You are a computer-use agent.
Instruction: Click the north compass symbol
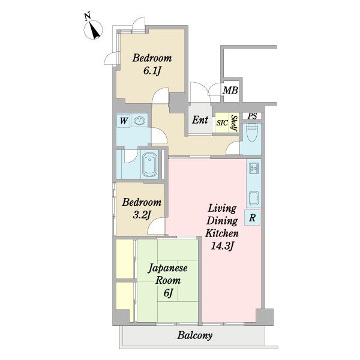pos(93,29)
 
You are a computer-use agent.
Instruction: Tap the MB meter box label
pos(230,90)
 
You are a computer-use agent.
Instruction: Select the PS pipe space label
pos(252,116)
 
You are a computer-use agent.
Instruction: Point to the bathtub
pos(150,164)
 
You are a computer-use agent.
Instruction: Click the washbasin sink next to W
pos(140,121)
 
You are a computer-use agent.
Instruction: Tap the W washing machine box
pos(124,121)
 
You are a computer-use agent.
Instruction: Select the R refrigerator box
pos(253,217)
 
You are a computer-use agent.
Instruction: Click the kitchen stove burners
pos(254,168)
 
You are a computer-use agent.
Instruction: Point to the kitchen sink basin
pos(254,198)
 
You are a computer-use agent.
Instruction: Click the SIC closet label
pos(222,123)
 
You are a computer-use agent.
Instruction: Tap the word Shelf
pos(234,123)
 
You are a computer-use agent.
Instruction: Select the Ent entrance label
pos(200,120)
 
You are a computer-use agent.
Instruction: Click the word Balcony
pos(194,335)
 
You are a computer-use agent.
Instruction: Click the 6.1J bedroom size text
pos(152,71)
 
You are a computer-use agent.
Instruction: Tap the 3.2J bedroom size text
pos(142,215)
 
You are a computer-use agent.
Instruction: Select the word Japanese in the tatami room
pos(167,269)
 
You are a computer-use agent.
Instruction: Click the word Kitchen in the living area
pos(222,233)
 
